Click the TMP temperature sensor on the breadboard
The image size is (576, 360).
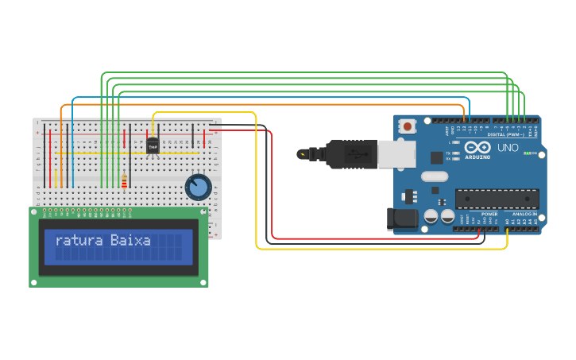point(153,146)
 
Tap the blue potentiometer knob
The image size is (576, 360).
point(198,188)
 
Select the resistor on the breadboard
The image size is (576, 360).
point(124,183)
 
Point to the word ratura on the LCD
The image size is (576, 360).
point(79,240)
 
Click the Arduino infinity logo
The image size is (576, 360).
point(477,148)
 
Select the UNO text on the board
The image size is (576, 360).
point(507,148)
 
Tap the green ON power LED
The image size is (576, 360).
point(528,153)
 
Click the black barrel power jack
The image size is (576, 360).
point(401,219)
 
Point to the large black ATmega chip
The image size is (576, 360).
point(497,199)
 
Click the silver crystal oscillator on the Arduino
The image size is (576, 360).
point(435,176)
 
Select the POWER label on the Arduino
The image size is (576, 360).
point(489,214)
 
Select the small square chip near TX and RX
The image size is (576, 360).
point(436,157)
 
